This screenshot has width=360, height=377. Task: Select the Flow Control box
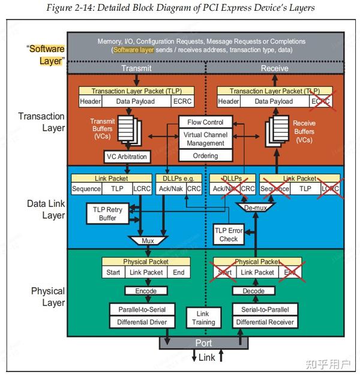pos(206,122)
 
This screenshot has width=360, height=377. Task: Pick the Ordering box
pos(206,156)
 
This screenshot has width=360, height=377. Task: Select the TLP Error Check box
pos(229,234)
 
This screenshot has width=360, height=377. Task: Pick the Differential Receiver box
pos(265,322)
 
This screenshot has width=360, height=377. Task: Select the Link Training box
pos(203,318)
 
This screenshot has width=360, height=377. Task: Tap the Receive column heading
pos(274,68)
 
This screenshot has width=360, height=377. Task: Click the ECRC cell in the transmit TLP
pos(182,101)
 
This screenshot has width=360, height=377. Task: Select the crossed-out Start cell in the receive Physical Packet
pos(225,272)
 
